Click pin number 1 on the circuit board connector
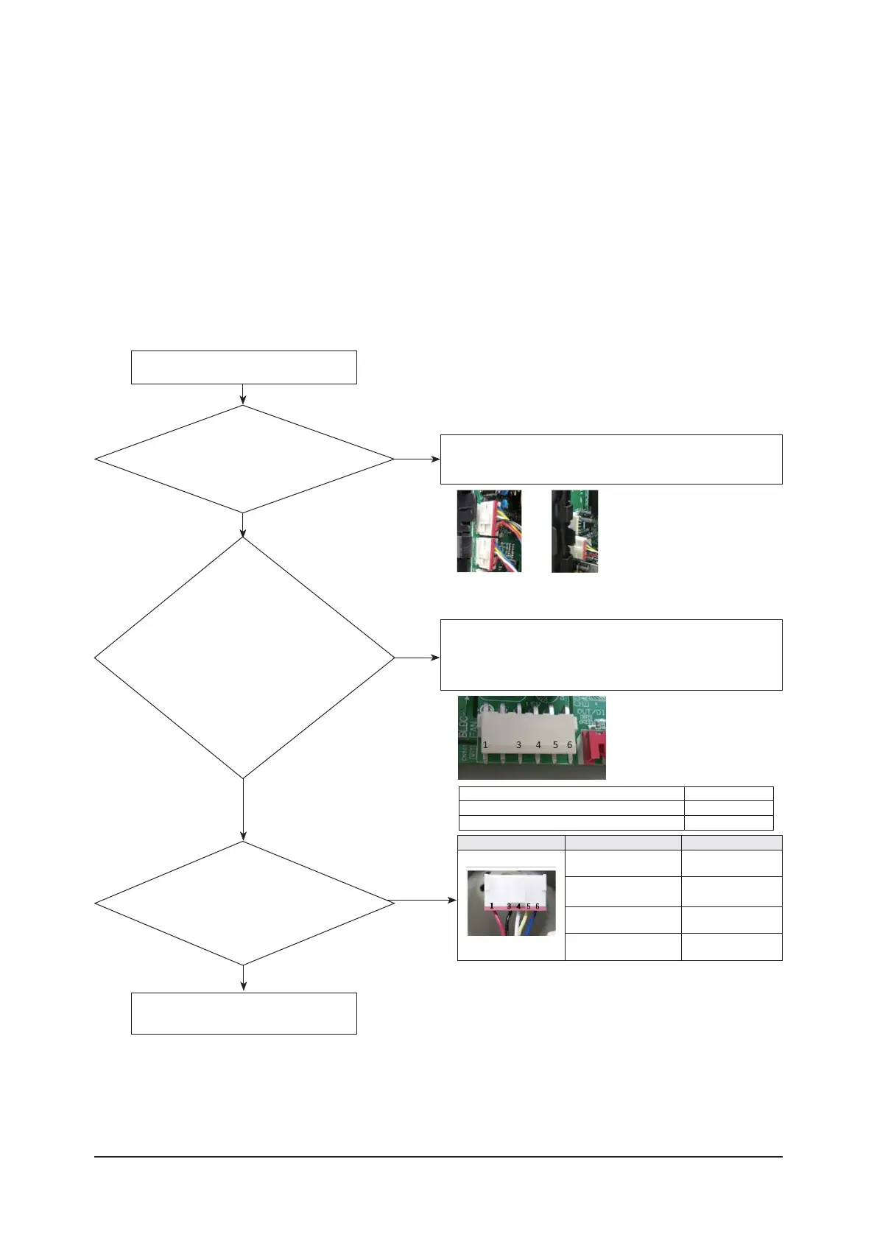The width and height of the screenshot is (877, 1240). coord(485,745)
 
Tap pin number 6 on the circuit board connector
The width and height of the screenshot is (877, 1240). coord(569,745)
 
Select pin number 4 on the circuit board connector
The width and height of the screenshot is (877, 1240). coord(538,745)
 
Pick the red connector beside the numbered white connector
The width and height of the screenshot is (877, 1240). coord(594,747)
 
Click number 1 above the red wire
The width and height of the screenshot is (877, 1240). coord(492,906)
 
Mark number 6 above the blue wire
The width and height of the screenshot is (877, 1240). coord(538,906)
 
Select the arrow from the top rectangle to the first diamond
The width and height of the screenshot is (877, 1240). coord(243,395)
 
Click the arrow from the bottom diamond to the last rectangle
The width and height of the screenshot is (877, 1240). coord(243,979)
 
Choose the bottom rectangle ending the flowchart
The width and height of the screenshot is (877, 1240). coord(244,1013)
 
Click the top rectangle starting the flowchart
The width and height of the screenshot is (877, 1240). coord(244,367)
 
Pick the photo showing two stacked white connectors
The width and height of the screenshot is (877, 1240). coord(489,531)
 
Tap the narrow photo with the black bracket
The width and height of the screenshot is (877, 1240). coord(574,531)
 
